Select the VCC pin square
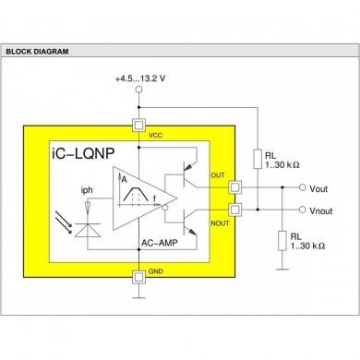tap(138, 124)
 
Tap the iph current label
tap(88, 192)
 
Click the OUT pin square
tap(235, 186)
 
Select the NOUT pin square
tap(235, 210)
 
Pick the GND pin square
tap(138, 275)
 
